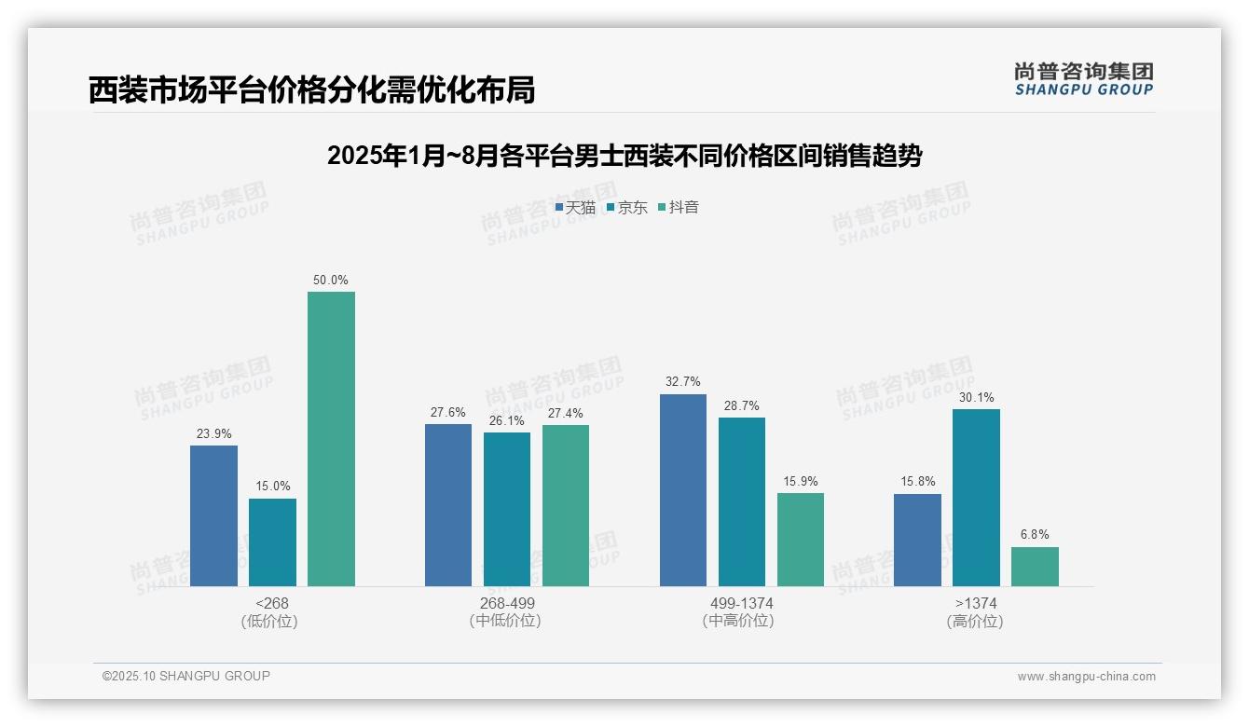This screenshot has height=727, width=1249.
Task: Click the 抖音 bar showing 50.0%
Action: pos(331,438)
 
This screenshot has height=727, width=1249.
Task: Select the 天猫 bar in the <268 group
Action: pos(213,515)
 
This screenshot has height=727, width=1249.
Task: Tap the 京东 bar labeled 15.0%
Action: pos(272,542)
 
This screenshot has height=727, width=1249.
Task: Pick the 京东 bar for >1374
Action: pos(976,497)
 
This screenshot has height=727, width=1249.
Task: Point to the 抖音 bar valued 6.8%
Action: pos(1035,566)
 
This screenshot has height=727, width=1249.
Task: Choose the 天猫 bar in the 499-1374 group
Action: pos(683,489)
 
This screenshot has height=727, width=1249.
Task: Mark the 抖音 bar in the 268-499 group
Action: pos(566,505)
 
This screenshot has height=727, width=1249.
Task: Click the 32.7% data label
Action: pos(683,382)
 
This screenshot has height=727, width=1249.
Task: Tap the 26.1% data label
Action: pos(507,420)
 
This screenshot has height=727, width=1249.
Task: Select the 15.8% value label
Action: pos(917,482)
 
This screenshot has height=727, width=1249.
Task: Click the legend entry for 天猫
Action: pos(575,208)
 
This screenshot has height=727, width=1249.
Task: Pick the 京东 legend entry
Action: pos(627,208)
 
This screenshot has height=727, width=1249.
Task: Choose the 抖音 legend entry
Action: pos(679,208)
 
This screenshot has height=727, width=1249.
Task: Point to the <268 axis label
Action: pos(271,603)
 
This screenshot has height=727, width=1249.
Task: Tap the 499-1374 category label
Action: pos(742,603)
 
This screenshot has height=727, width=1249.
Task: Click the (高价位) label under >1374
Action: pos(975,622)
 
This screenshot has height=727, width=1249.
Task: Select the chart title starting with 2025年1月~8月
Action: pos(624,156)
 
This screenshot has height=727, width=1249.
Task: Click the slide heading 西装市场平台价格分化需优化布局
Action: pos(311,90)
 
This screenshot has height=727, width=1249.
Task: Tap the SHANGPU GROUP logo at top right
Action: pos(1083,79)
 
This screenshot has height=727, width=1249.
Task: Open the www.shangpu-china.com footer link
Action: pos(1086,677)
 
